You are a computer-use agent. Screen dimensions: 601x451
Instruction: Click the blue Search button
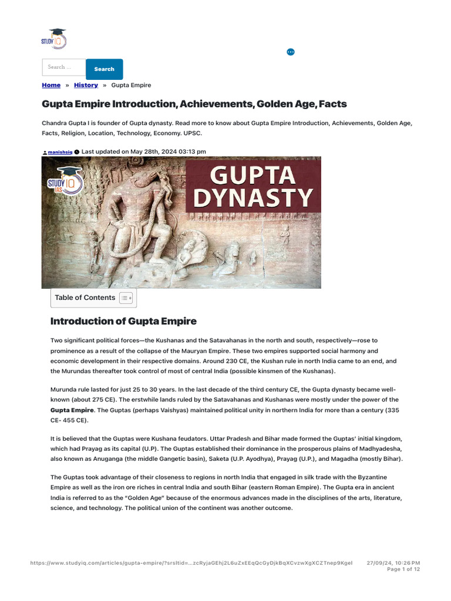point(105,69)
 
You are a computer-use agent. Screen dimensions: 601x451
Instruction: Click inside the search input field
point(64,67)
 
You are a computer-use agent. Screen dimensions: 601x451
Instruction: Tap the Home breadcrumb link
point(51,85)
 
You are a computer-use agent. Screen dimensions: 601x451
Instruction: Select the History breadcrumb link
point(86,85)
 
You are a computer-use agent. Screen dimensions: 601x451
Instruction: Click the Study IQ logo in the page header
point(54,39)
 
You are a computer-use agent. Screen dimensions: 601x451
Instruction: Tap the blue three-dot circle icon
point(290,52)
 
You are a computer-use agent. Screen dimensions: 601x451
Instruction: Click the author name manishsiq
point(60,152)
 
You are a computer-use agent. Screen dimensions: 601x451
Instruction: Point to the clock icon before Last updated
point(77,152)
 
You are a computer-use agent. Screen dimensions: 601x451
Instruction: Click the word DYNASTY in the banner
point(253,197)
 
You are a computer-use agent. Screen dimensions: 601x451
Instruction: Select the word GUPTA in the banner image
point(253,175)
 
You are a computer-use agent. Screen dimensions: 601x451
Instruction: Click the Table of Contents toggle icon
point(126,298)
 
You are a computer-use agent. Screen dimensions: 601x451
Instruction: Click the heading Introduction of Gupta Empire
point(123,321)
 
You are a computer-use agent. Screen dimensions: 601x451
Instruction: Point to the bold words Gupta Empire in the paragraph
point(72,410)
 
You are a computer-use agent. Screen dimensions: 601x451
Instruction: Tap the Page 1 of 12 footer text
point(403,569)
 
